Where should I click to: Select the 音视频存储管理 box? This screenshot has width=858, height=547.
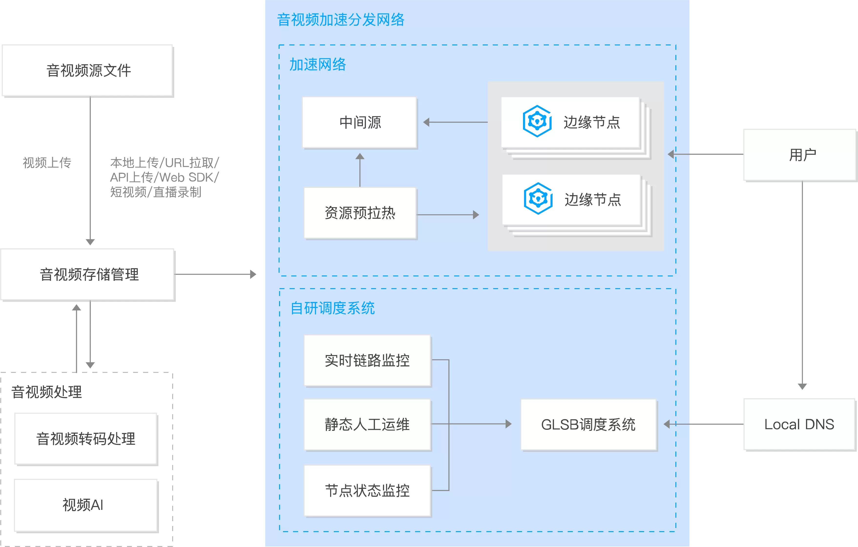click(88, 274)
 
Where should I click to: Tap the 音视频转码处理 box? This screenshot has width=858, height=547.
click(86, 439)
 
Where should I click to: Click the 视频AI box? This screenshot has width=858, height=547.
click(86, 505)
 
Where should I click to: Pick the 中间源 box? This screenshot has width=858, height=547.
click(359, 122)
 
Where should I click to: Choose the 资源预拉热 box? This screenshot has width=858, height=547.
click(360, 213)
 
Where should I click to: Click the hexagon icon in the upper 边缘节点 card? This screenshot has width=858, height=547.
click(537, 121)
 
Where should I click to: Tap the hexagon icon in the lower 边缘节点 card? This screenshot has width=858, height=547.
click(538, 199)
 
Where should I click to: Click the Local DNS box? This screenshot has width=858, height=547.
click(799, 424)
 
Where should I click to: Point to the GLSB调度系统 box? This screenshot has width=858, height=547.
click(588, 424)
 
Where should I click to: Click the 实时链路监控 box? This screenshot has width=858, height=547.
click(367, 360)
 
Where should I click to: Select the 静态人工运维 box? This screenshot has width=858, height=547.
click(367, 424)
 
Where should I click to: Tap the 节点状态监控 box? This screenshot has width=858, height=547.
click(367, 491)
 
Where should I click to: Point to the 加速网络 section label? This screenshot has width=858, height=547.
click(317, 64)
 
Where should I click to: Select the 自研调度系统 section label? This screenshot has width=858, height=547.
click(333, 308)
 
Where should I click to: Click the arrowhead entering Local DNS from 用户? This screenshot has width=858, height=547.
click(802, 387)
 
